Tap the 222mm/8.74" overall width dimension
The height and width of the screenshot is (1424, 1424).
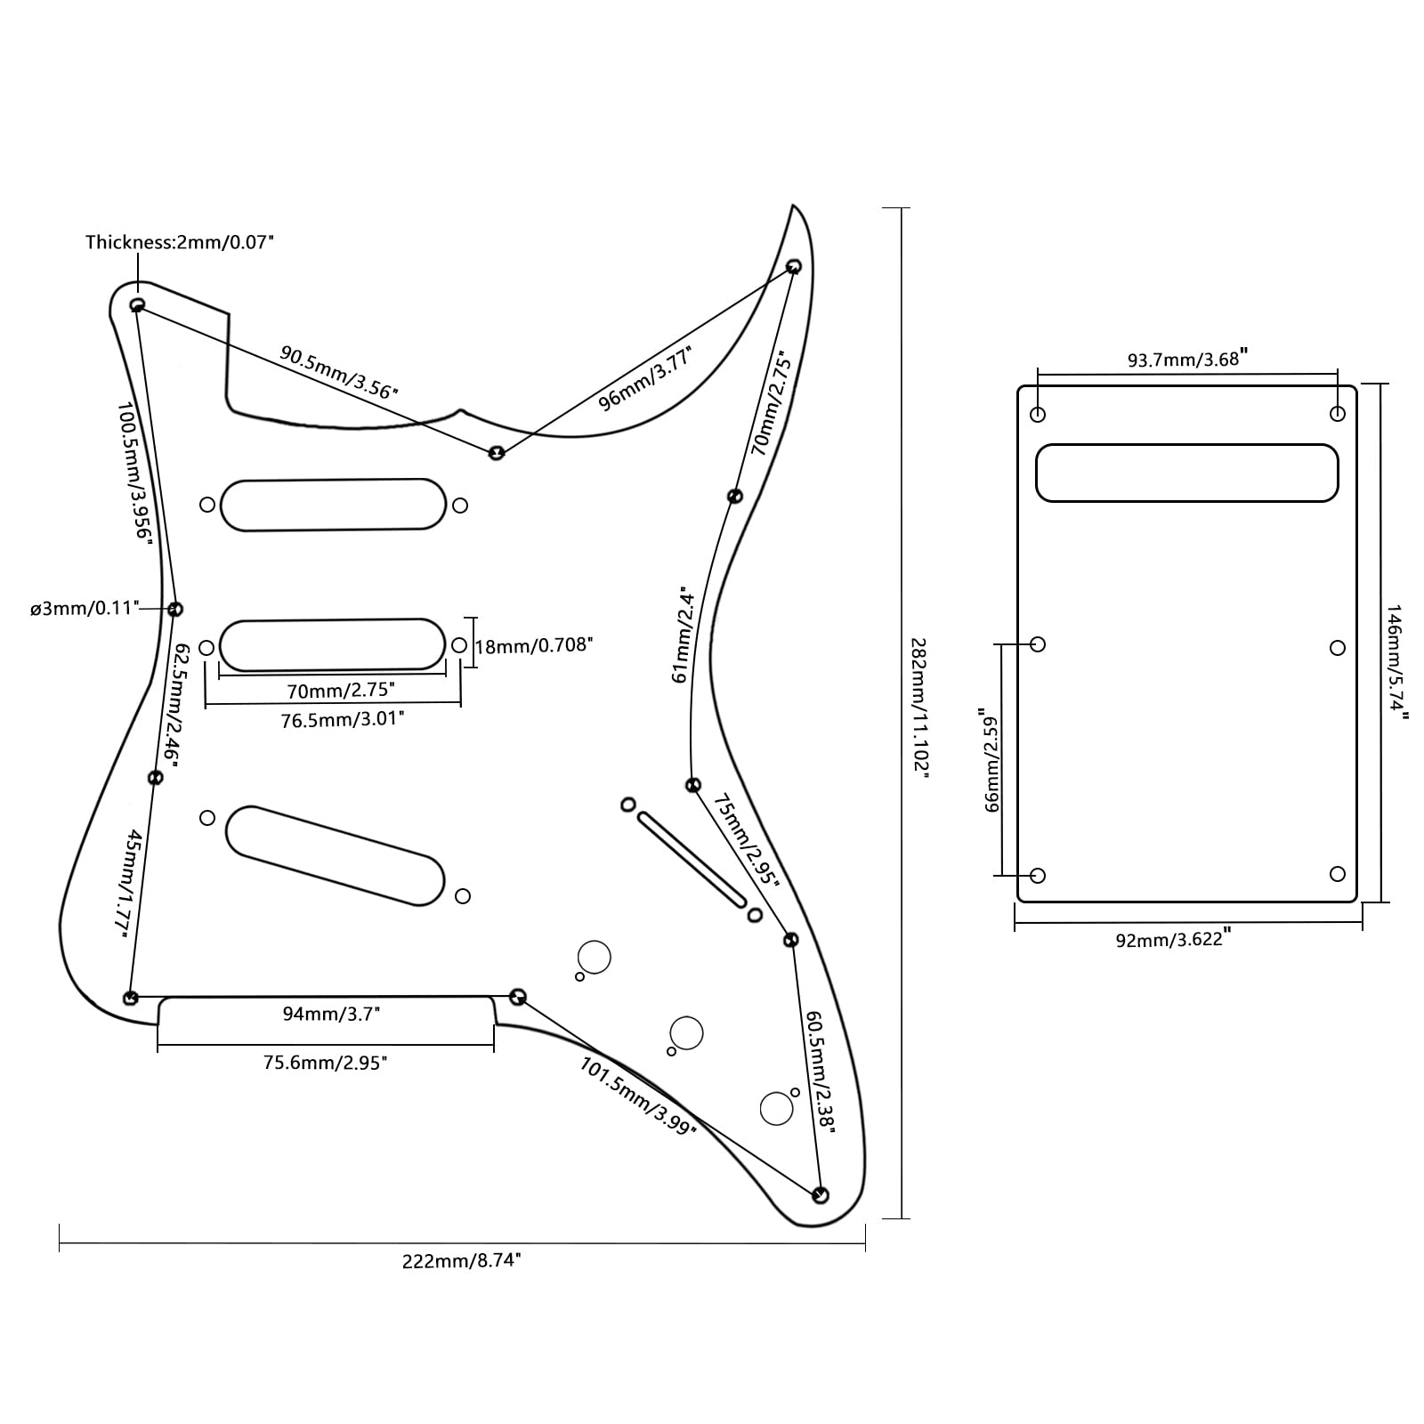coord(461,1260)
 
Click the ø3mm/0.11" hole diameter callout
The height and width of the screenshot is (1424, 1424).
coord(85,608)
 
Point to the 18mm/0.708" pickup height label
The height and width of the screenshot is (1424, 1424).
coord(533,644)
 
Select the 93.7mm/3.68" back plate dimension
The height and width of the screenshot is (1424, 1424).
coord(1187,359)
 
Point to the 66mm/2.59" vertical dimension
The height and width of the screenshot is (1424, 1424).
coord(990,760)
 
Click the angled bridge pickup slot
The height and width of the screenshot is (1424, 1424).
coord(335,855)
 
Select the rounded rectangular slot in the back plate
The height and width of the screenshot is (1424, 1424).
coord(1186,473)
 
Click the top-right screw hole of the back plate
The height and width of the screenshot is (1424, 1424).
coord(1337,414)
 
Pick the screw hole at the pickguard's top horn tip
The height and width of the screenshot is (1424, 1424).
coord(794,265)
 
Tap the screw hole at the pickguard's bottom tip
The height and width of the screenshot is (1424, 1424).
coord(821,1194)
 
